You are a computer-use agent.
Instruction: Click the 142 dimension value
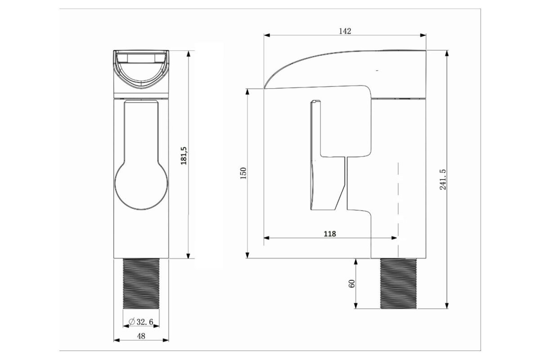[x=345, y=31]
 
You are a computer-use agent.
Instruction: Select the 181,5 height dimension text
[x=184, y=156]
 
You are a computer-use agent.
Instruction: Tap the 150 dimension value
[x=244, y=173]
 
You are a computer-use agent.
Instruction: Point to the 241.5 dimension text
[x=443, y=180]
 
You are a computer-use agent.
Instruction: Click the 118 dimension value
[x=330, y=234]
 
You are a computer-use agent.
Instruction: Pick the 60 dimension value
[x=352, y=283]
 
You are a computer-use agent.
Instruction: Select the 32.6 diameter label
[x=144, y=322]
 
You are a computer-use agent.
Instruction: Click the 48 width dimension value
[x=141, y=336]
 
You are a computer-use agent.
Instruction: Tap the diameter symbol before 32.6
[x=131, y=322]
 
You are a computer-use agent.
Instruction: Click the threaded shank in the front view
[x=141, y=284]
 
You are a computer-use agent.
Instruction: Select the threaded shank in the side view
[x=399, y=283]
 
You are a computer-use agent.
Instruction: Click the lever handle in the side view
[x=328, y=155]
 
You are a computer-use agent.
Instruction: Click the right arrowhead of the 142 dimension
[x=423, y=35]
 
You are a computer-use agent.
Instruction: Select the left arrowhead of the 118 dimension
[x=266, y=238]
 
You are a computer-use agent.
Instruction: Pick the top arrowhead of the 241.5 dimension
[x=447, y=53]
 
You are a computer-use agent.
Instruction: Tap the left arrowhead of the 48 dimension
[x=117, y=340]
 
